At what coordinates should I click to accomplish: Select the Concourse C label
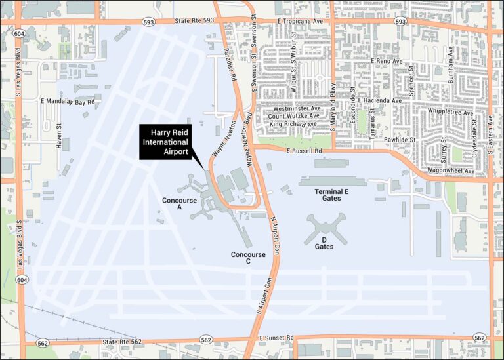tap(248, 258)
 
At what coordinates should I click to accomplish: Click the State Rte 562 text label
tap(123, 342)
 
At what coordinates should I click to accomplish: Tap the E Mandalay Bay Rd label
tap(68, 102)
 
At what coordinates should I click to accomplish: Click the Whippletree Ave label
tap(450, 113)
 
